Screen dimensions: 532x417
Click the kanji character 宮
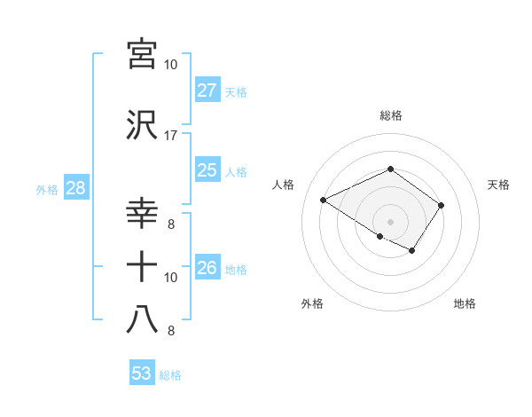click(142, 53)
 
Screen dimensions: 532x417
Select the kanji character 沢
click(142, 124)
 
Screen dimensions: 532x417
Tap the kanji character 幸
click(142, 213)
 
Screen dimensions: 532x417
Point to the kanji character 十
click(142, 266)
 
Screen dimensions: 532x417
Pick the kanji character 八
click(142, 319)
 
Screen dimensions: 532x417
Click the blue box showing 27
click(207, 90)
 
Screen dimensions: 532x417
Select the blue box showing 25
click(207, 170)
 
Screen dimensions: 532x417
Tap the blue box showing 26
click(207, 268)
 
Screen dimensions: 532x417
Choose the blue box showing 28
click(74, 188)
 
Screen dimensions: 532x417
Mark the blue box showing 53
click(141, 374)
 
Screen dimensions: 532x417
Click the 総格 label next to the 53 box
click(170, 375)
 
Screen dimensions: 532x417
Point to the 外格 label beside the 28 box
click(47, 189)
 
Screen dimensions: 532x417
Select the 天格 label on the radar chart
click(498, 185)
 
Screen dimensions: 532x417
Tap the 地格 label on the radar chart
click(465, 303)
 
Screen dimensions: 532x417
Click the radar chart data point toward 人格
click(324, 200)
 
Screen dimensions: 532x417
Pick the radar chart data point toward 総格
click(390, 169)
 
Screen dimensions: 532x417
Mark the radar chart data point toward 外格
click(380, 236)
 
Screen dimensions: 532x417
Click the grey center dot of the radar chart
click(390, 220)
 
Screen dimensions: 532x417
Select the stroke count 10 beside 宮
click(170, 65)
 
